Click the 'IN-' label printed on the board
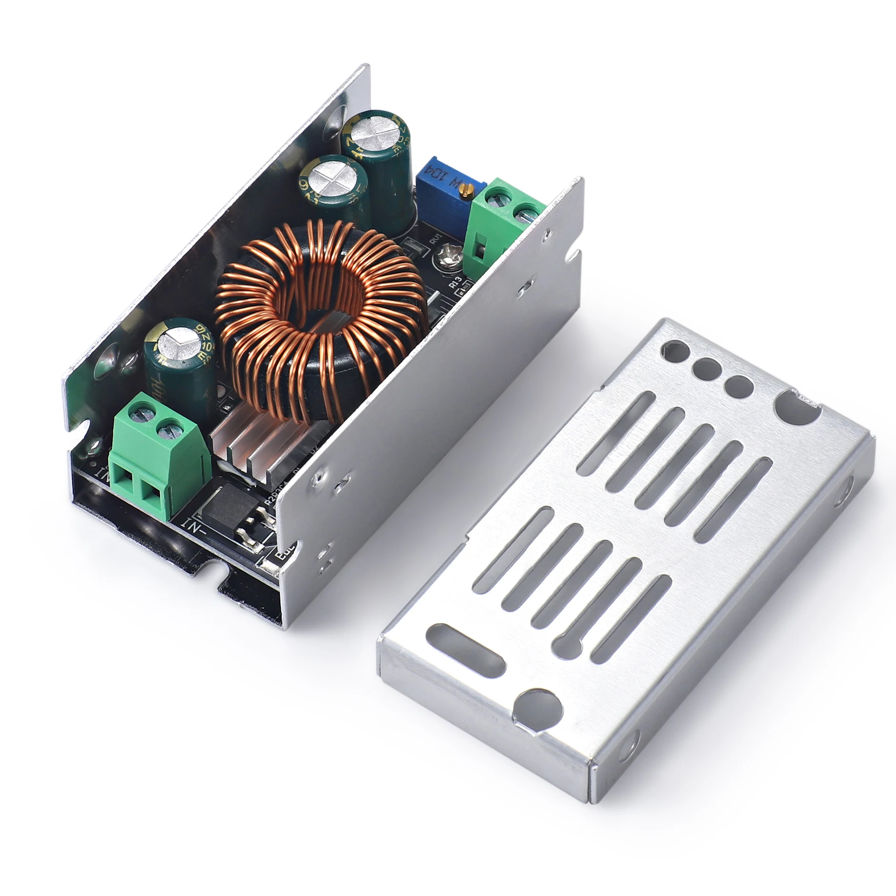(x=194, y=524)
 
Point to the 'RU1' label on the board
(x=436, y=239)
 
